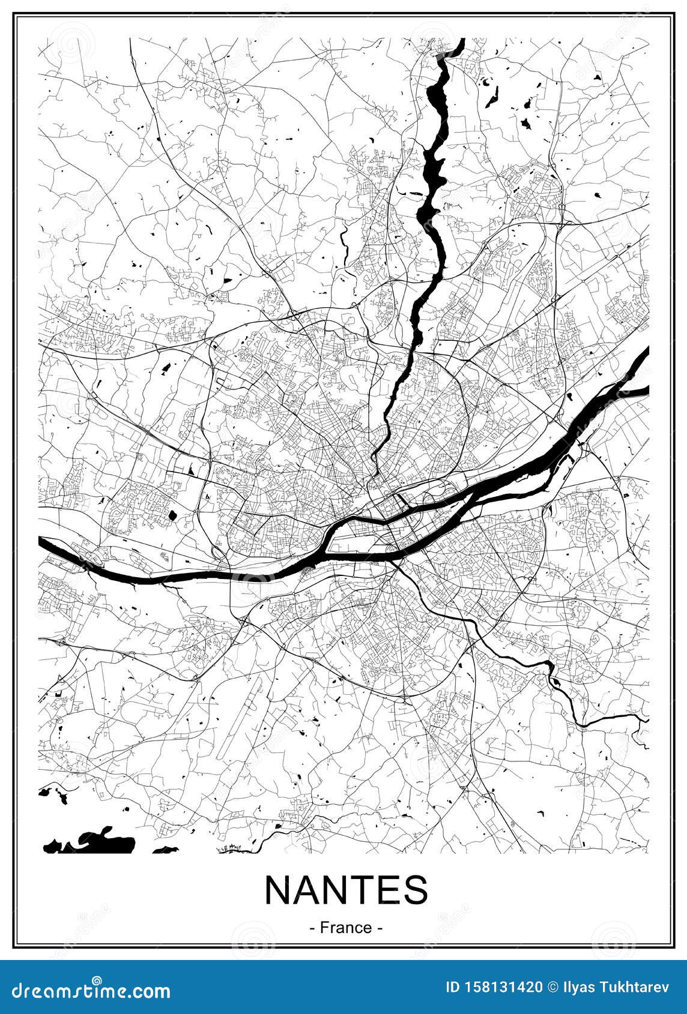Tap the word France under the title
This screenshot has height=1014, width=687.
pyautogui.click(x=346, y=927)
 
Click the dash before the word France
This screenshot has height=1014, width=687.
pyautogui.click(x=313, y=928)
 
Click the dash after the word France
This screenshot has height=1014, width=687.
pyautogui.click(x=380, y=928)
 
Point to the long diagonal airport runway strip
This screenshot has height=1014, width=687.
pyautogui.click(x=240, y=714)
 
